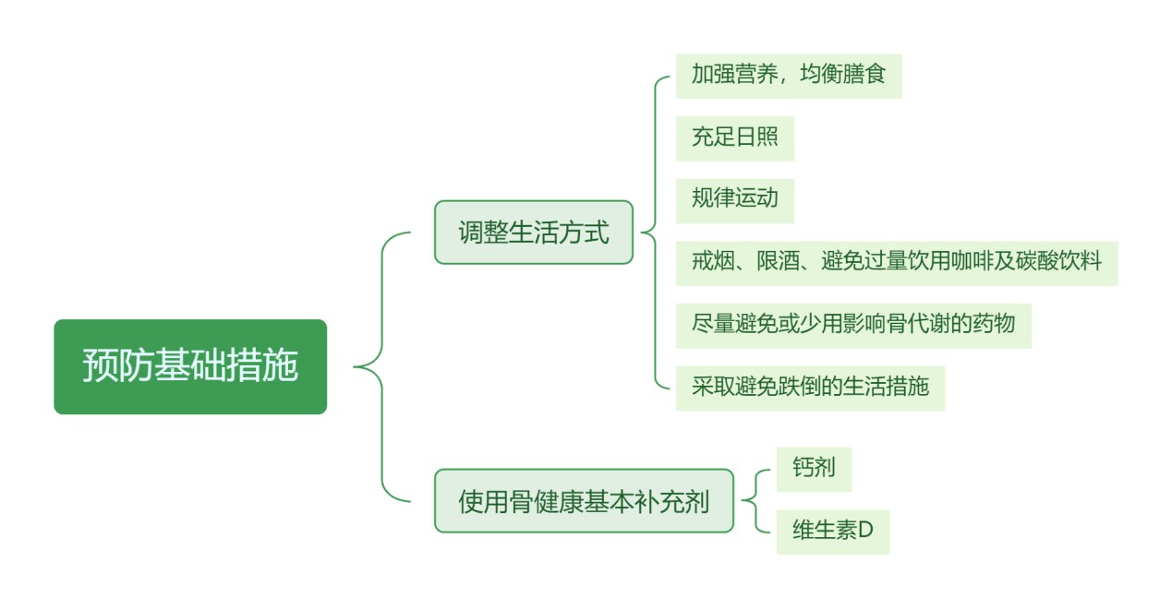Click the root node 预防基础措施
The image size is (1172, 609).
click(x=190, y=366)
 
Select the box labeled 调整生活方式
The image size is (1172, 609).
click(x=534, y=233)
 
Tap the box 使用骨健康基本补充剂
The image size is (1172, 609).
click(x=584, y=501)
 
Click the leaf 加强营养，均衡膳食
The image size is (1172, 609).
click(x=789, y=76)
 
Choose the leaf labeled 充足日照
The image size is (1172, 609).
click(x=734, y=138)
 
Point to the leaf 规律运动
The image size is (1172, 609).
click(x=734, y=201)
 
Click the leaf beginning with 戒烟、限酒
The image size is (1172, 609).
click(x=896, y=263)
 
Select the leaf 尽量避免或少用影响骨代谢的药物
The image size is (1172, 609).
click(x=853, y=326)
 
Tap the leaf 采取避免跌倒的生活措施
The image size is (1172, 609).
click(x=810, y=388)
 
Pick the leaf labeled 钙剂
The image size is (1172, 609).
click(x=814, y=469)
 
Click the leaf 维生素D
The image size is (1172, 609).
click(x=832, y=531)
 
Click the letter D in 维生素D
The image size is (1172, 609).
click(x=866, y=530)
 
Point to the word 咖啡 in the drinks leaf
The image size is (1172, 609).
click(x=972, y=261)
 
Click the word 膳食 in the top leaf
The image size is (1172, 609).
click(x=864, y=74)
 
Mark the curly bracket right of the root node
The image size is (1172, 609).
click(x=382, y=367)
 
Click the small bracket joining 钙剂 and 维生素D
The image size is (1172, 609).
click(x=755, y=501)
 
